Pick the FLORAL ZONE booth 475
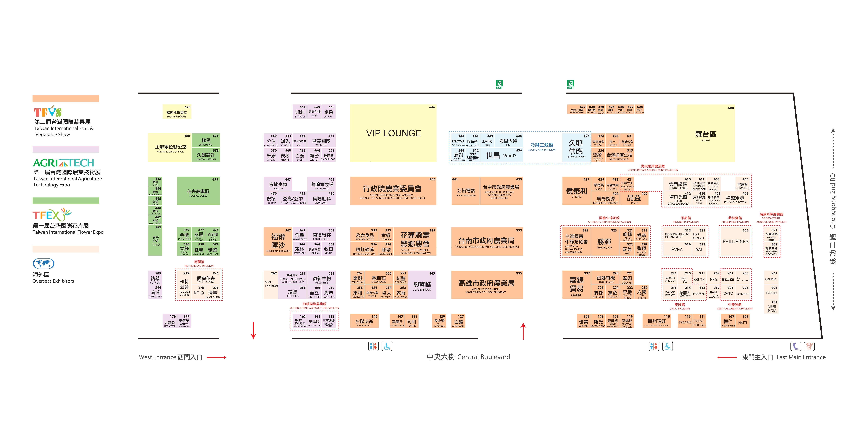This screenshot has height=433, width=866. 198,192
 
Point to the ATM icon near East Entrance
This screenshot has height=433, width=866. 809,346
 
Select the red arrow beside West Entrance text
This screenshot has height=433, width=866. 216,357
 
